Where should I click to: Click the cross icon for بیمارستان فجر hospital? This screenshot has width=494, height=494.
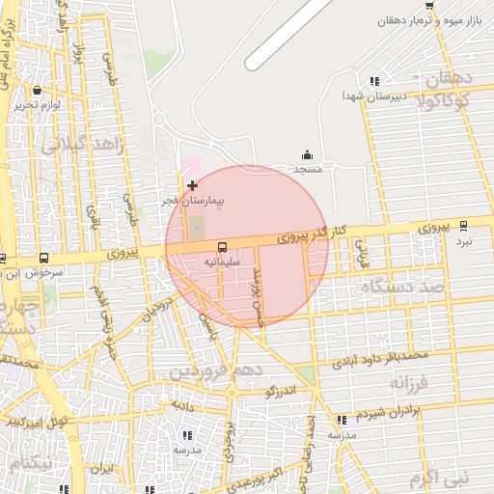[192, 184]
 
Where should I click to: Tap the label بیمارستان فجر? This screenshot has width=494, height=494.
[192, 200]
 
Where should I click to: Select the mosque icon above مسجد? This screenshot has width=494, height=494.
[307, 155]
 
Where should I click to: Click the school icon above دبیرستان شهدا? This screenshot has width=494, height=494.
[374, 81]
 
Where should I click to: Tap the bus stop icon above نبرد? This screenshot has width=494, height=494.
[463, 225]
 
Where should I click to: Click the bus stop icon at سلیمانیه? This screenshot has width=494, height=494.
[222, 247]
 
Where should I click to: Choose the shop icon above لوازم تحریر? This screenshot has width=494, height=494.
[37, 90]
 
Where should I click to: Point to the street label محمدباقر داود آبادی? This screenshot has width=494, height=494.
[380, 358]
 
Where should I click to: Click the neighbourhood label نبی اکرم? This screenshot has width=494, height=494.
[436, 478]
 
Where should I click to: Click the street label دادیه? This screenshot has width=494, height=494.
[183, 406]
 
